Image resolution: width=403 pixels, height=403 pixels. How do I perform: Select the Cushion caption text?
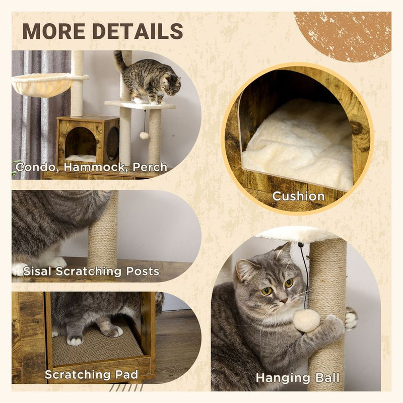pyautogui.click(x=298, y=196)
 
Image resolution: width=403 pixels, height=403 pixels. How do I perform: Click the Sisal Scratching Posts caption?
pyautogui.click(x=91, y=272)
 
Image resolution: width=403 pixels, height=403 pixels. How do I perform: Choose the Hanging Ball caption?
pyautogui.click(x=297, y=377)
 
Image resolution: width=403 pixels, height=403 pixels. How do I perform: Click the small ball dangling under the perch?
pyautogui.click(x=144, y=136)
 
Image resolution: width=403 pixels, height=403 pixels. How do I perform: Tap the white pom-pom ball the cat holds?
pyautogui.click(x=307, y=321)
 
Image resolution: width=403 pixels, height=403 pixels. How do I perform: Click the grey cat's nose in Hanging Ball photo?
pyautogui.click(x=284, y=301)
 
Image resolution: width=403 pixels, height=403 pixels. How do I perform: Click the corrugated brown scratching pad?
pyautogui.click(x=96, y=347)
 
